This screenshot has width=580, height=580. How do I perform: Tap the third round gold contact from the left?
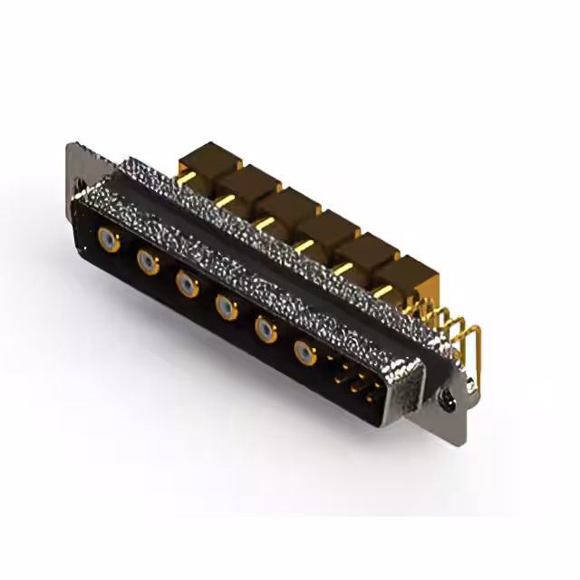187,285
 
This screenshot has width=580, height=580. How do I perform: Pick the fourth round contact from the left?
226,308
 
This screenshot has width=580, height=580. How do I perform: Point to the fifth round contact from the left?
265,330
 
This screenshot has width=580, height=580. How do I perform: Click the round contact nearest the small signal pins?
304,353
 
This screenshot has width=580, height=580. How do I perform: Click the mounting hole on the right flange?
445,397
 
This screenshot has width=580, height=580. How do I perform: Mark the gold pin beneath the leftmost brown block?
188,179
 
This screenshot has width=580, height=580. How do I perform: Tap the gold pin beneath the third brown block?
265,222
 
